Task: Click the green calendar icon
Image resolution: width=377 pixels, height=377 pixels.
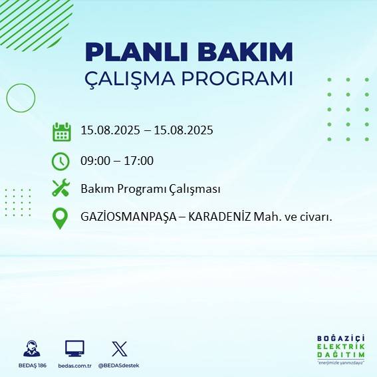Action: point(61,131)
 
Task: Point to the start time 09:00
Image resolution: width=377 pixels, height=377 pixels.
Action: point(94,160)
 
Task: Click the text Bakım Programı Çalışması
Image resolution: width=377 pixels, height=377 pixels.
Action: point(150,189)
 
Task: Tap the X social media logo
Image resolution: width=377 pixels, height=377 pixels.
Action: point(119,348)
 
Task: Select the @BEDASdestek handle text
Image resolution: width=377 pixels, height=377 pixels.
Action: point(119,366)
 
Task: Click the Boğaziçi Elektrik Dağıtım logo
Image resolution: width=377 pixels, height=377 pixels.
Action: point(340,349)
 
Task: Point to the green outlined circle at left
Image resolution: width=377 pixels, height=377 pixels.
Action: point(21,98)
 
